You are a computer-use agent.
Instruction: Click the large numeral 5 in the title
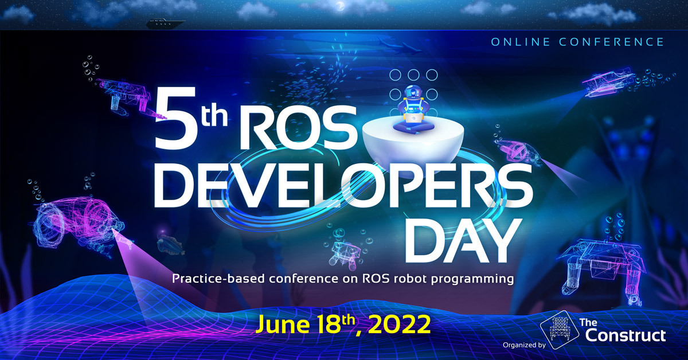[176, 118]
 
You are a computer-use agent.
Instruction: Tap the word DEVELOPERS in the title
[343, 185]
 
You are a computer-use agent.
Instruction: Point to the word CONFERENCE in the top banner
[612, 42]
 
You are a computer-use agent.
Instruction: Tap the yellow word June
[282, 324]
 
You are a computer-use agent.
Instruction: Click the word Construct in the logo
[626, 335]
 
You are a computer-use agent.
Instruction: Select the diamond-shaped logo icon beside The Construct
[560, 330]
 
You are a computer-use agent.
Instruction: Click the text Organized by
[524, 345]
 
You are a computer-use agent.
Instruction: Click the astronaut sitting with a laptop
[413, 109]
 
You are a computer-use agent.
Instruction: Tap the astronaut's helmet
[413, 92]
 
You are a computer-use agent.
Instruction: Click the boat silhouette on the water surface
[165, 24]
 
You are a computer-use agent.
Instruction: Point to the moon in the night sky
[339, 6]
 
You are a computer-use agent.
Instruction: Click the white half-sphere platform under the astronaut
[413, 144]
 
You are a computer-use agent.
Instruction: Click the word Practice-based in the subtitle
[218, 278]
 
